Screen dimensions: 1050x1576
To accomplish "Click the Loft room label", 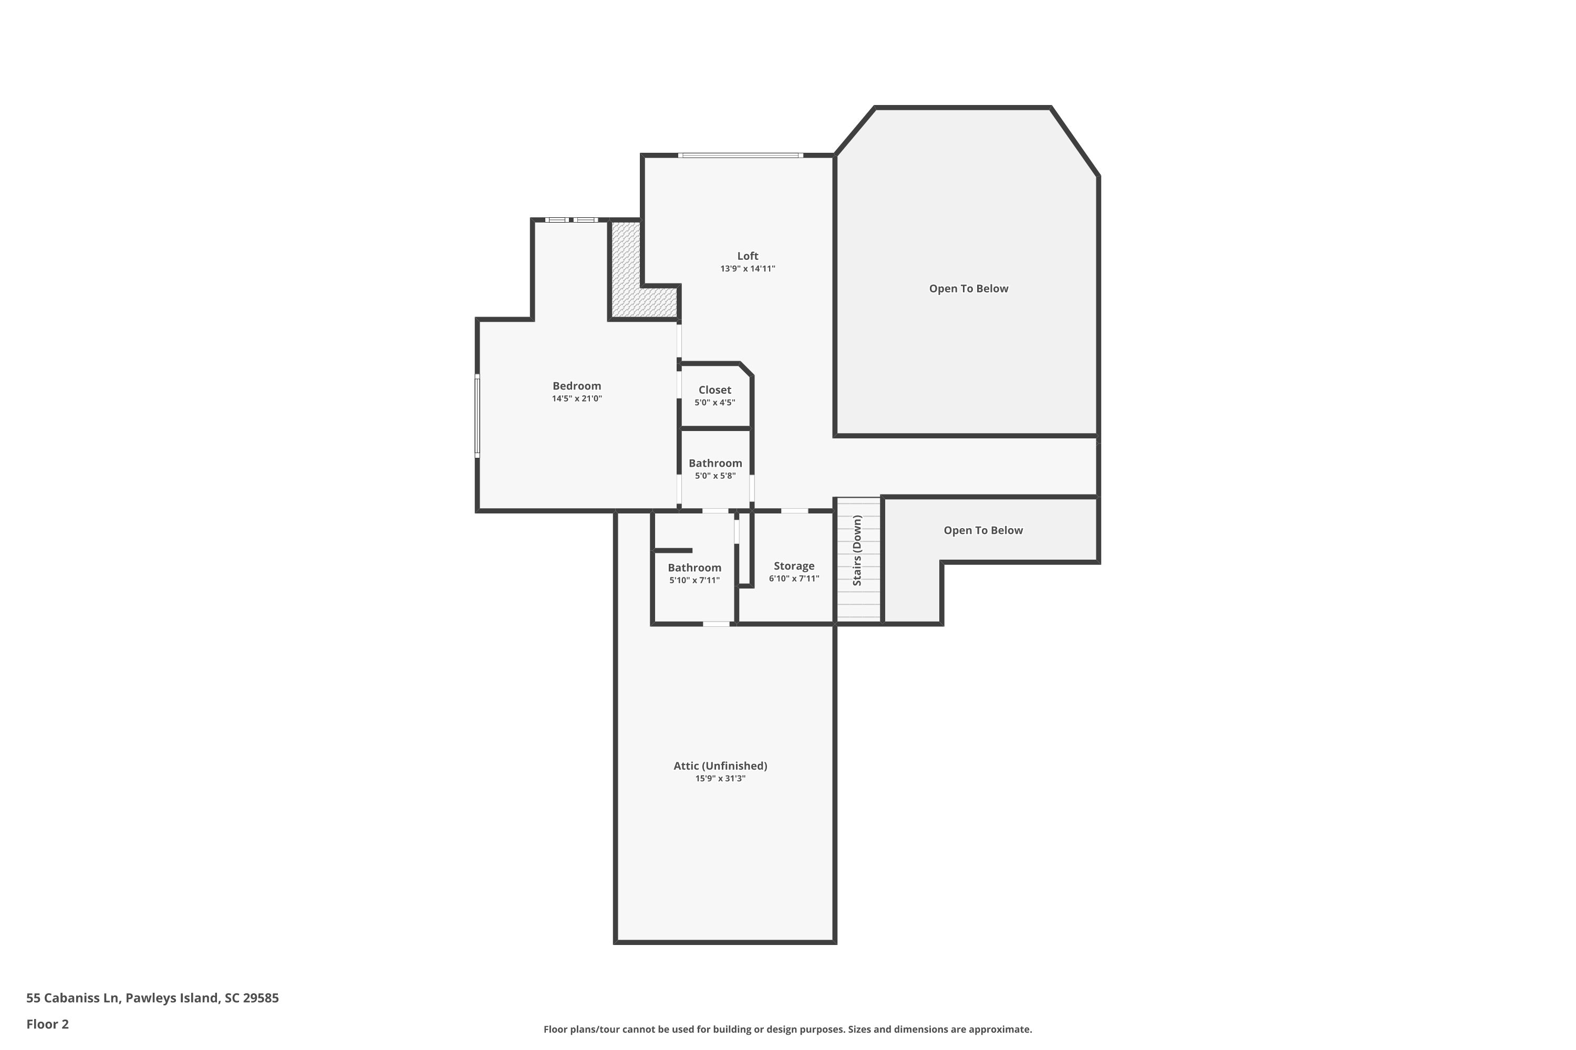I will click(747, 256).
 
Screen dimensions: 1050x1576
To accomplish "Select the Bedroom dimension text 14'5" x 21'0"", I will click(576, 398).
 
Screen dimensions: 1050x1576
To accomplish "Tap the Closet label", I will click(714, 390).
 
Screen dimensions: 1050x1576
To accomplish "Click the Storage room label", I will click(793, 566).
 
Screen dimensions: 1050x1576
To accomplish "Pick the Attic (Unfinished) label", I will click(720, 765).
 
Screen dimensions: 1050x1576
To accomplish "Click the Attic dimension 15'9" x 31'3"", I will click(720, 778).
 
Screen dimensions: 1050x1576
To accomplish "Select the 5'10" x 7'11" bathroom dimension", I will click(694, 580).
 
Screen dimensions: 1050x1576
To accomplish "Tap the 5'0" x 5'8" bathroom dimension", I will click(715, 476).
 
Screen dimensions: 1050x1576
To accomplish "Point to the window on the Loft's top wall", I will click(740, 155).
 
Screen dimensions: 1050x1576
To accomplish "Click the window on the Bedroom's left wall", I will click(478, 416).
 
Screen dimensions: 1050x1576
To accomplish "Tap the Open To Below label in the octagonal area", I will click(968, 289).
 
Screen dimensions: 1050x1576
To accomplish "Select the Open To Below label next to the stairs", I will click(982, 530).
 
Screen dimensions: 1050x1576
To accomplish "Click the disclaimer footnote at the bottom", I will click(787, 1029).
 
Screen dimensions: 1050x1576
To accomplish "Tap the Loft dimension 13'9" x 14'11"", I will click(747, 268).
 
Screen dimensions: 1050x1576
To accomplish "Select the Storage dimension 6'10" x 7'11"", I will click(793, 579).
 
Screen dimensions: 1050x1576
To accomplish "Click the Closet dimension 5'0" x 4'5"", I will click(714, 403).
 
